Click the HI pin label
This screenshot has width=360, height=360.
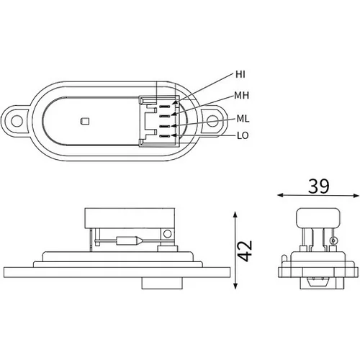[240, 74]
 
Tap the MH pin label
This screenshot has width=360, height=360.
[242, 96]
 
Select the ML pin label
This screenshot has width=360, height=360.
[243, 119]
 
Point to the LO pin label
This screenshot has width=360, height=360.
[243, 135]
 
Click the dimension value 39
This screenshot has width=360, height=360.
[319, 186]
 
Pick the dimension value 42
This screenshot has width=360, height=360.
[246, 251]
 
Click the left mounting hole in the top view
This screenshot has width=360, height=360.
[17, 121]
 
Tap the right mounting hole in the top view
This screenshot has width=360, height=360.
[212, 121]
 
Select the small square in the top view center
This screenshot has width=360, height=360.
[85, 121]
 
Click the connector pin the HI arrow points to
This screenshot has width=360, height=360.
[165, 107]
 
